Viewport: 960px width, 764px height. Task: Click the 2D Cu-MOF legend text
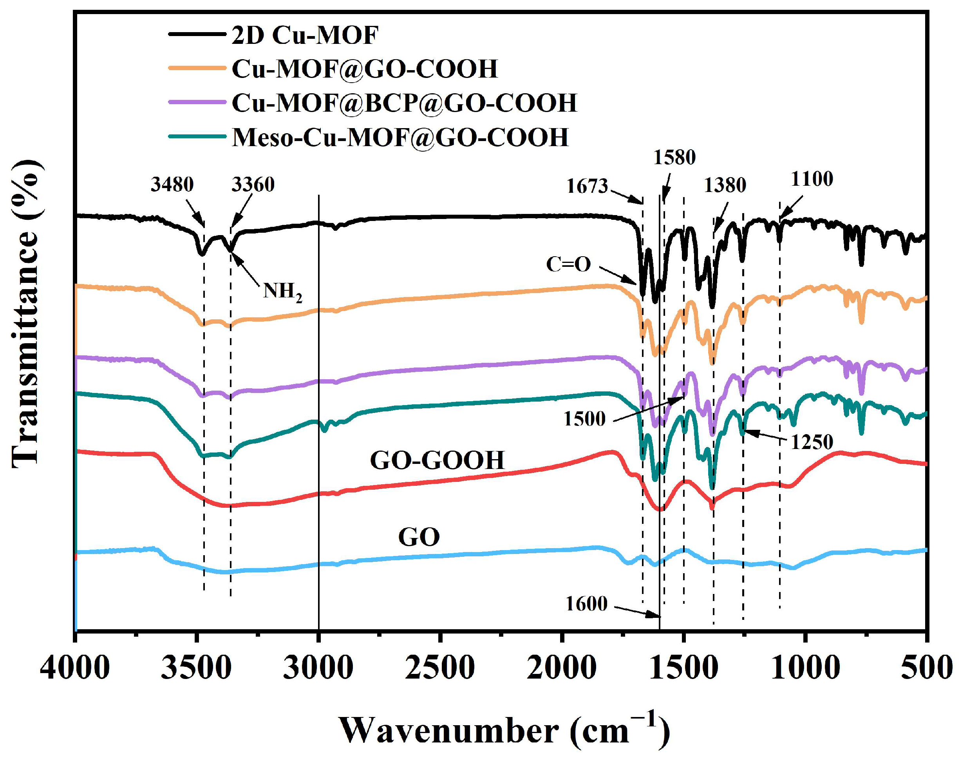(x=305, y=35)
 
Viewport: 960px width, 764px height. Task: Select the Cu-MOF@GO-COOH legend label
(x=364, y=69)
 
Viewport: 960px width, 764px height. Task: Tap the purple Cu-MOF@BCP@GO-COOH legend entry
(x=404, y=103)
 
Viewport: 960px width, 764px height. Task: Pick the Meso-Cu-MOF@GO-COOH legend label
(x=400, y=137)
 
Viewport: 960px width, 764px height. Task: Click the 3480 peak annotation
(x=172, y=185)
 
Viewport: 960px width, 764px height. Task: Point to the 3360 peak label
(x=253, y=185)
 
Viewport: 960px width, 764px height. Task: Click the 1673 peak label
(x=587, y=186)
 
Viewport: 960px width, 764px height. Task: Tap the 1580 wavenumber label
(x=674, y=157)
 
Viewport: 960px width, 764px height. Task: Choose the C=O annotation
(x=568, y=264)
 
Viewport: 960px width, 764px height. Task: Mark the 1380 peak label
(x=725, y=185)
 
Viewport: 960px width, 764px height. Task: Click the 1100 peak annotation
(x=812, y=179)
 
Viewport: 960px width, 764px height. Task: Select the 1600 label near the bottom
(x=586, y=604)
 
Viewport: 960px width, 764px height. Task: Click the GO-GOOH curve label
(x=437, y=460)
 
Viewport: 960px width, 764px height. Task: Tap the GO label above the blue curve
(x=419, y=537)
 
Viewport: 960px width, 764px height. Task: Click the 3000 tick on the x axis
(x=318, y=668)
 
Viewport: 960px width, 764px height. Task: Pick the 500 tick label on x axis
(x=926, y=668)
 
